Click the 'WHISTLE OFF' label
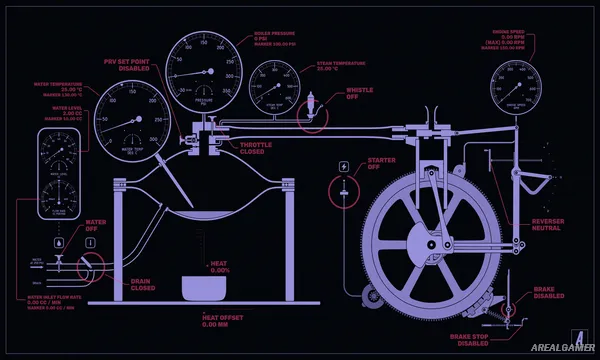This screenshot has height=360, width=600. tap(360, 93)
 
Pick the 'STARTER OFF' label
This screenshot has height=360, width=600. tap(380, 162)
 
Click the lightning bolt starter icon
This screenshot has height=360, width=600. tap(345, 166)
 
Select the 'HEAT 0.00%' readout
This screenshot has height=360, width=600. tap(219, 267)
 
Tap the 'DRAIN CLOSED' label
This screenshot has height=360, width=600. tap(143, 285)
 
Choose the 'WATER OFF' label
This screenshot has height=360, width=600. tap(96, 225)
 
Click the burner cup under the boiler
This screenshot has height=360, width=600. tap(204, 288)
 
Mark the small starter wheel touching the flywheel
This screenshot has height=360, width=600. tap(372, 293)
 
